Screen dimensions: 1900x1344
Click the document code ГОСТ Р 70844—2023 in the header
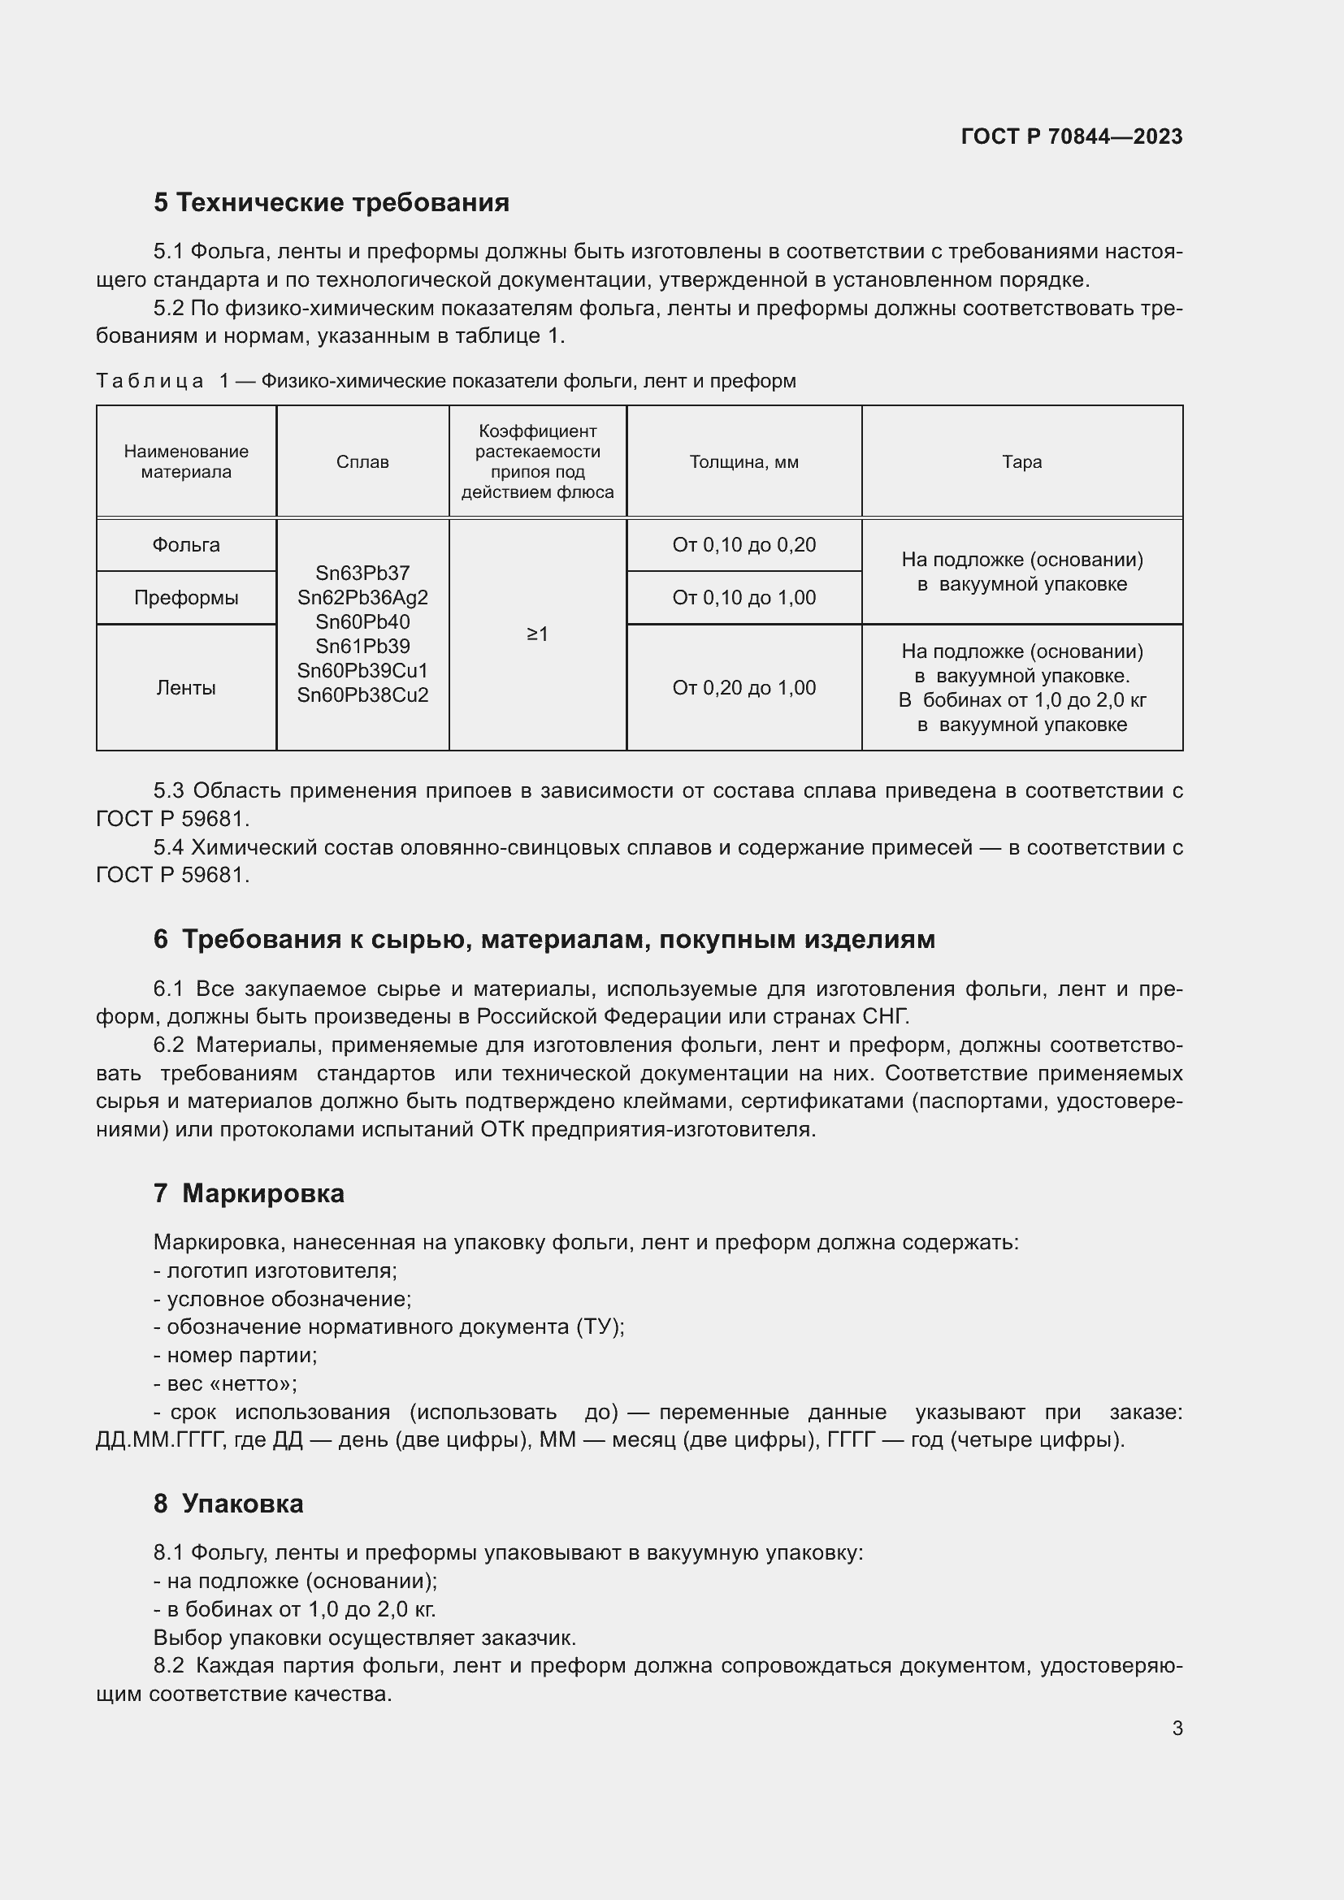pos(1071,136)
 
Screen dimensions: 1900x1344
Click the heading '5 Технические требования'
pos(331,203)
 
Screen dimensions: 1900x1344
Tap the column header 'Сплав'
pos(362,461)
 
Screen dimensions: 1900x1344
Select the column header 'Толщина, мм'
pos(744,461)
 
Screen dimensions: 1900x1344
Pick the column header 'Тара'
pos(1021,461)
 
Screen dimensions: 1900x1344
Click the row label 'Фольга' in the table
pos(186,545)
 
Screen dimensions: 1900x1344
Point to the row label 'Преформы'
pos(186,598)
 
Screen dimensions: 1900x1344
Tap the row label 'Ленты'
pos(186,688)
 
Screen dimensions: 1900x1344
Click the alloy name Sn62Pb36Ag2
pos(362,598)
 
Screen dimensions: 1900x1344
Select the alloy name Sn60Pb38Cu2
pos(362,695)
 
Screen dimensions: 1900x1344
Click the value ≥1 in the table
pos(537,634)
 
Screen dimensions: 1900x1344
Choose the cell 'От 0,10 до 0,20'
pos(744,545)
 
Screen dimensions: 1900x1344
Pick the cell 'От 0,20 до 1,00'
pos(744,688)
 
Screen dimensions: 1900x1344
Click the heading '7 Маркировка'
pos(249,1193)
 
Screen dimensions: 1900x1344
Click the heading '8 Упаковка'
pos(228,1504)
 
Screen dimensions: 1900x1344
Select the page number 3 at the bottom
pos(1177,1728)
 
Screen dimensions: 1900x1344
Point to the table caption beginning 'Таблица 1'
pos(445,382)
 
